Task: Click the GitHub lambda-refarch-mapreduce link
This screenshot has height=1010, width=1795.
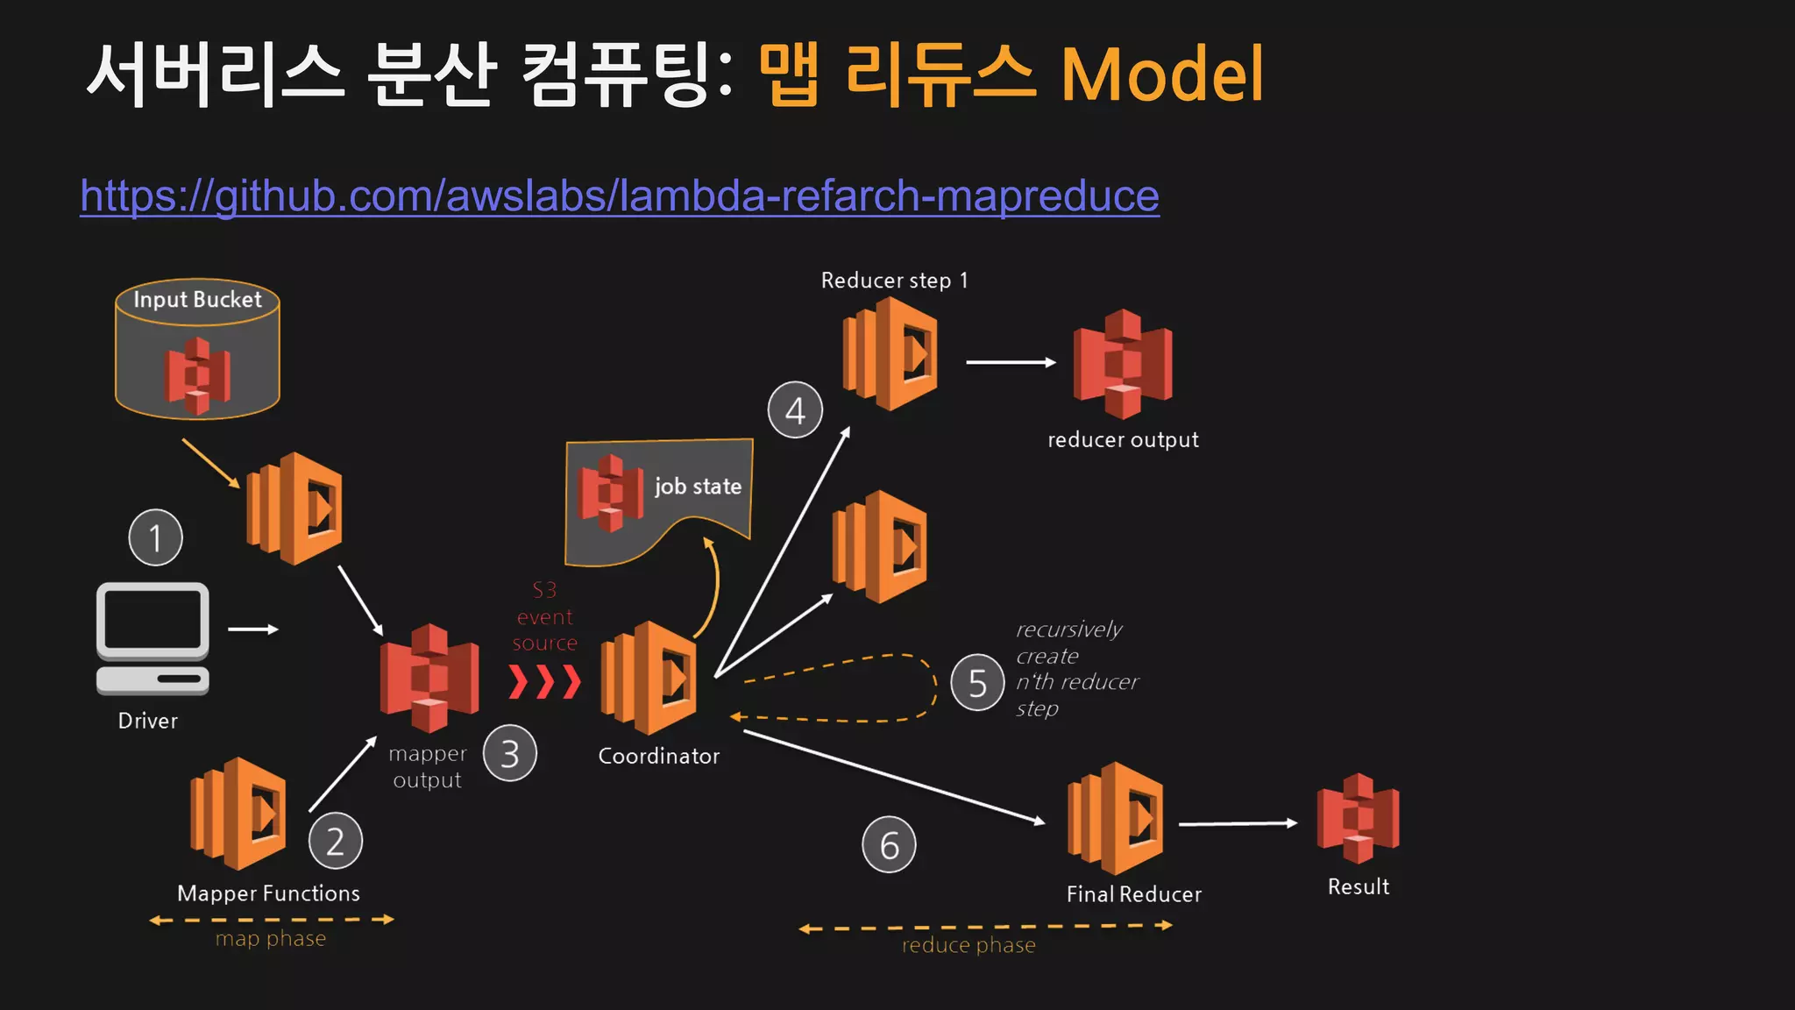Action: pos(619,196)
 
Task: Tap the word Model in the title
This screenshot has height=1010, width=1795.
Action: pos(1161,75)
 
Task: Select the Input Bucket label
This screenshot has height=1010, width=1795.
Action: pos(197,300)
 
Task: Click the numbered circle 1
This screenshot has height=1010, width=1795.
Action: pos(156,537)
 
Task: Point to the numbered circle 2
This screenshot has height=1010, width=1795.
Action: pos(336,841)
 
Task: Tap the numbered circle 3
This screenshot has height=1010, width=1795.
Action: pos(510,754)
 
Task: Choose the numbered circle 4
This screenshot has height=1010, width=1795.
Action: pos(795,410)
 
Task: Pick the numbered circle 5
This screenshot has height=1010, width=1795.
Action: pos(977,683)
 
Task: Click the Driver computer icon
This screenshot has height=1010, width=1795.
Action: pos(153,638)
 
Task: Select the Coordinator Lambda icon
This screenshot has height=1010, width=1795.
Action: pos(649,678)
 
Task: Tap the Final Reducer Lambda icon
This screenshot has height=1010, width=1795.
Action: pos(1116,818)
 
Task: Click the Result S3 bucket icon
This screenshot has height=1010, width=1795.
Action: pos(1358,818)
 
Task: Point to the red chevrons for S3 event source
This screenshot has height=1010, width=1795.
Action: pos(545,681)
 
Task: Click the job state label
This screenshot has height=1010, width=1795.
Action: pos(698,487)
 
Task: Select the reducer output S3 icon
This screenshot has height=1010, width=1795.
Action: pos(1123,363)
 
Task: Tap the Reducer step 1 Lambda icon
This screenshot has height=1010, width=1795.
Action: pos(890,354)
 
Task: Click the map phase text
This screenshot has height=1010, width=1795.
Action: pos(271,939)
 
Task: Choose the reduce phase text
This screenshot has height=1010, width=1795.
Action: pos(968,945)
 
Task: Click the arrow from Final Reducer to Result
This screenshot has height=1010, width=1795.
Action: pos(1238,824)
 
